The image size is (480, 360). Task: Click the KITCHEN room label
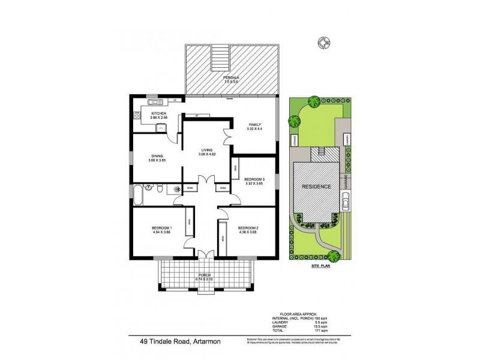(158, 113)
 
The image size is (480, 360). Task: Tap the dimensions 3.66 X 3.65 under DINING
(158, 161)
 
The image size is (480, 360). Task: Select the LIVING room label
(207, 150)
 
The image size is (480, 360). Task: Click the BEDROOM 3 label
(254, 179)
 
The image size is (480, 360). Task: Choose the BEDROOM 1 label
(162, 228)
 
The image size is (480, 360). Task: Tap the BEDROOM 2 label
(248, 228)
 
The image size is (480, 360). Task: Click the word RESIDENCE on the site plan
(316, 187)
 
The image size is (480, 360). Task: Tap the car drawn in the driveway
(346, 202)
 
